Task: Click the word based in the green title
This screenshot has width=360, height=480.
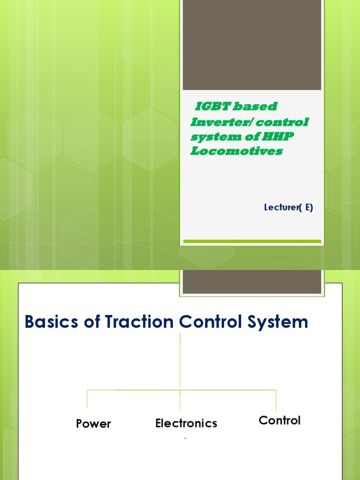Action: click(x=255, y=107)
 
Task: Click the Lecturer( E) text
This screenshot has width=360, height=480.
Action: click(x=288, y=207)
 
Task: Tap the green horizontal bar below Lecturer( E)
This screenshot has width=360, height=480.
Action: click(x=252, y=241)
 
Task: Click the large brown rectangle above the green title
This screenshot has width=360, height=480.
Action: click(x=252, y=45)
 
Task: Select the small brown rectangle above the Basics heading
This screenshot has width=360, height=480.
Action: click(x=252, y=282)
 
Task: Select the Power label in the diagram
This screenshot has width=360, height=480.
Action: click(x=93, y=424)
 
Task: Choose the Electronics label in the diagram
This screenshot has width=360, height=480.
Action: click(x=186, y=423)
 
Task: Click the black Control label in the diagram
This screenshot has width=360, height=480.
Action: click(x=279, y=420)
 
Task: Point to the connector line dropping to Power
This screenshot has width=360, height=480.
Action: click(x=87, y=399)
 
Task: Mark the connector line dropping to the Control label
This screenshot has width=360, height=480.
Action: click(x=276, y=400)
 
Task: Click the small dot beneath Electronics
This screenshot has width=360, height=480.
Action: click(x=185, y=438)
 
